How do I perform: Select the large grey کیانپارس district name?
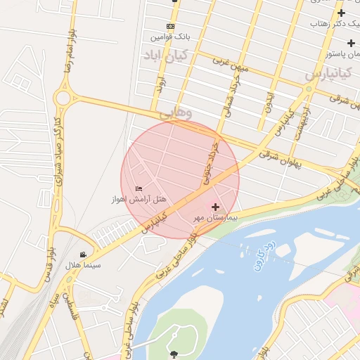328,73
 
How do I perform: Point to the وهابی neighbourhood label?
175,112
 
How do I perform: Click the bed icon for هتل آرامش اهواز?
139,188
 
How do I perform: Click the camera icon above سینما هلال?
84,255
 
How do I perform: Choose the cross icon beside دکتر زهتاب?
342,13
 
